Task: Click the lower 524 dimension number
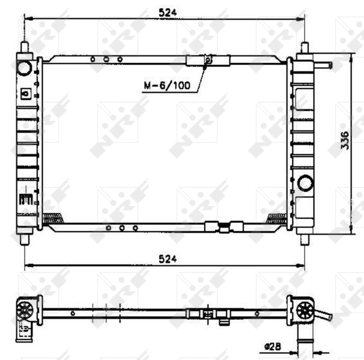[x=167, y=259]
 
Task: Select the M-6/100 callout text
[x=166, y=85]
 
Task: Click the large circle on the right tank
[x=305, y=182]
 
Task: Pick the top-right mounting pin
[x=305, y=48]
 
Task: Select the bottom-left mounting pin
[x=26, y=238]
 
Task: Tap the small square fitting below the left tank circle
[x=25, y=94]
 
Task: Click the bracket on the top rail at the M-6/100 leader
[x=207, y=59]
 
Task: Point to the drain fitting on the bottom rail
[x=223, y=227]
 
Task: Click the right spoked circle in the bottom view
[x=304, y=310]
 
